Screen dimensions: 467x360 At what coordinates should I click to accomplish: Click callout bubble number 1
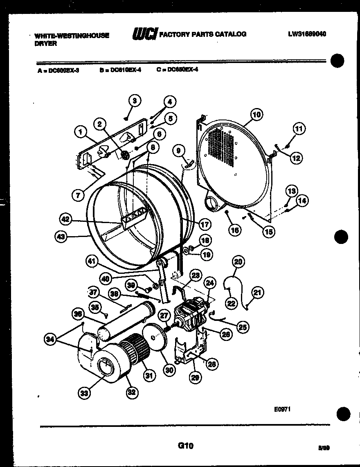[x=81, y=131]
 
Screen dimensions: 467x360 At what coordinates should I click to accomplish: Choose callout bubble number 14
[x=303, y=201]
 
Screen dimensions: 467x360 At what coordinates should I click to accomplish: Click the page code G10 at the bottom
[x=185, y=446]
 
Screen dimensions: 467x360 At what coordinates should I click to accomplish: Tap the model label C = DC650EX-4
[x=177, y=70]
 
